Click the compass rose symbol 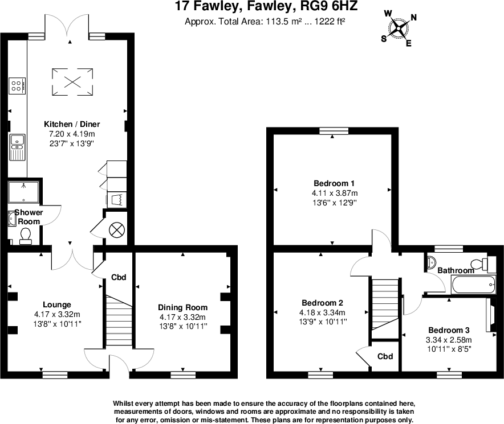point(399,29)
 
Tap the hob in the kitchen point(17,86)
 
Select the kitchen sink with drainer point(17,147)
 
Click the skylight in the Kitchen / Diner point(72,82)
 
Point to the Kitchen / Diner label point(72,124)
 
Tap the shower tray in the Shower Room point(23,192)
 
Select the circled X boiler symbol point(116,230)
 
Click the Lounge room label point(57,304)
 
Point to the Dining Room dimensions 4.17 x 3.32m point(182,317)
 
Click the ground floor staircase point(119,320)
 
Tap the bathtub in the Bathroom point(474,285)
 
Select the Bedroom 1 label point(334,183)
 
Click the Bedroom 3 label point(449,330)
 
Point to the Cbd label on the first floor point(385,356)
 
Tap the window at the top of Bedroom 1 point(334,131)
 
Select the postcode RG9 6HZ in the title point(328,6)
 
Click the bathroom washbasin point(431,262)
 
